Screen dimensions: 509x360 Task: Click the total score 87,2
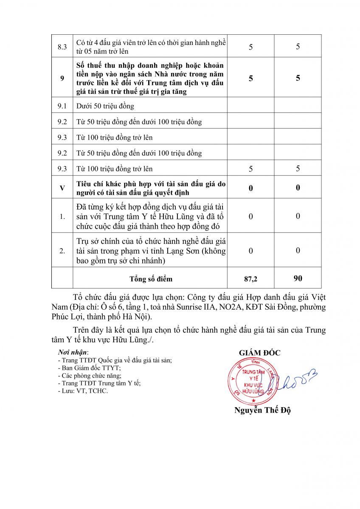point(250,279)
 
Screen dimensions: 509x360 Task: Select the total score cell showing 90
point(298,278)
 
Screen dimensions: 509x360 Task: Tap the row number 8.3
point(62,47)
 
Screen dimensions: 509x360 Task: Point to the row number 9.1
point(62,106)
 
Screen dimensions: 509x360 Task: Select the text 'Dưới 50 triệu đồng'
point(105,106)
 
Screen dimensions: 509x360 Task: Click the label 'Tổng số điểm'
point(151,279)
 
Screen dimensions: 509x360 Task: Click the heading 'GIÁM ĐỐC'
point(259,353)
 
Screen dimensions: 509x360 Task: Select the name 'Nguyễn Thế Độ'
point(262,410)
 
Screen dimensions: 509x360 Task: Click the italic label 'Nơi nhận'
point(73,352)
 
